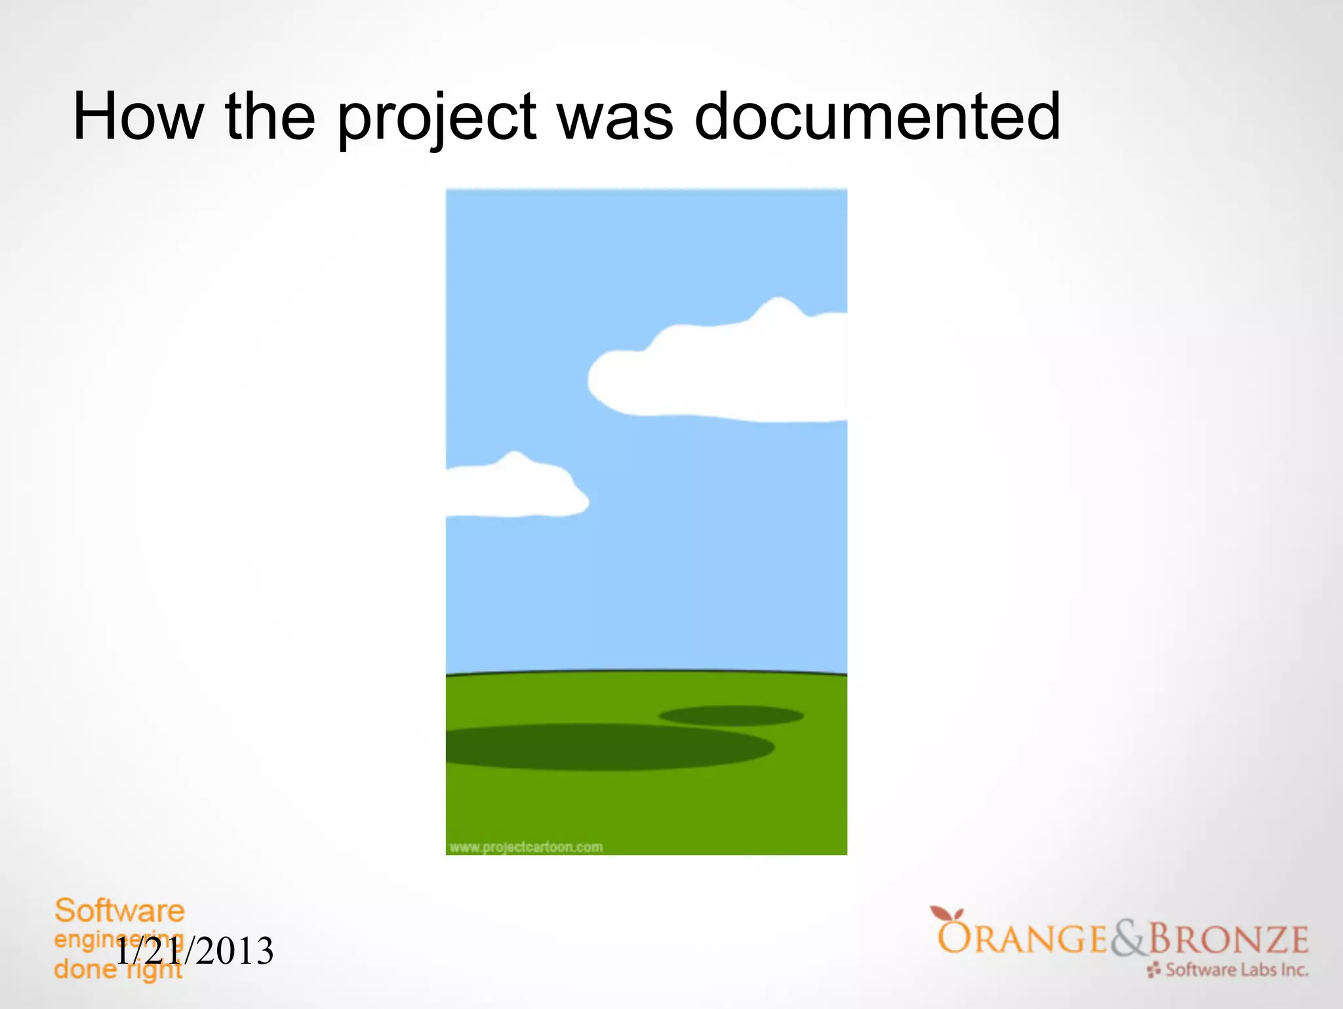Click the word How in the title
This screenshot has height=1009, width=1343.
[x=138, y=117]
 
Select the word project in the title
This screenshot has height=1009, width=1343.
[x=437, y=118]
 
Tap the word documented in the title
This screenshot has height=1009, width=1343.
[x=877, y=117]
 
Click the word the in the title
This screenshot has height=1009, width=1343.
[x=270, y=117]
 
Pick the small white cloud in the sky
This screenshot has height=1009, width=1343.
[x=511, y=489]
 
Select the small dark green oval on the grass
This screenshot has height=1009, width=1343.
[x=731, y=716]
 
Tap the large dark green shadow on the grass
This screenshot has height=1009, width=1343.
[x=603, y=747]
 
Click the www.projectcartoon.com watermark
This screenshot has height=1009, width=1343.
[x=526, y=847]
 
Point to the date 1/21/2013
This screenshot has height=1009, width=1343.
[x=195, y=951]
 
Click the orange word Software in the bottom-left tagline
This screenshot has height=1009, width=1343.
[x=119, y=911]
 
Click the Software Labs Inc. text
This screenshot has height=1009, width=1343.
[x=1236, y=970]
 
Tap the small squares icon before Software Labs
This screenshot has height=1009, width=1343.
[x=1154, y=970]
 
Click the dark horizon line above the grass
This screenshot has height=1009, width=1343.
[x=646, y=672]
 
